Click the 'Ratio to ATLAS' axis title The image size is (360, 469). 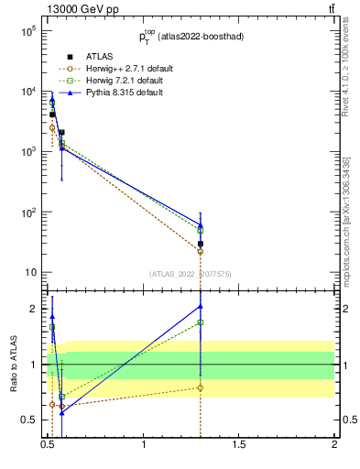(12, 364)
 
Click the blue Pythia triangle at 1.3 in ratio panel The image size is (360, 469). (200, 306)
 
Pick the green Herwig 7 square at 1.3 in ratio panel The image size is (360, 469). (200, 322)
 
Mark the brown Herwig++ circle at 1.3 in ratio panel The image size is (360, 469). (200, 387)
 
